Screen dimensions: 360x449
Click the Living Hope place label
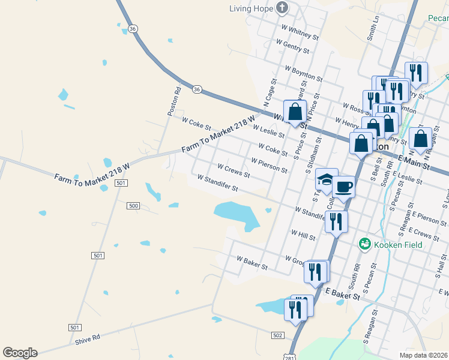(x=252, y=8)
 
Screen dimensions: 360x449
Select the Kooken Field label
(x=398, y=244)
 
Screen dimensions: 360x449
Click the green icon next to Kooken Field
(x=364, y=244)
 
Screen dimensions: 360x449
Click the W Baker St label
(x=252, y=262)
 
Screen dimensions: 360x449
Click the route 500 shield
(x=133, y=205)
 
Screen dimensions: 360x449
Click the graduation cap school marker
(x=326, y=180)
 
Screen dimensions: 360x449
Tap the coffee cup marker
(x=344, y=187)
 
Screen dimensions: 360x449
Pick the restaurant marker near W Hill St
(x=336, y=221)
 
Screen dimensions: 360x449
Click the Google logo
(x=20, y=353)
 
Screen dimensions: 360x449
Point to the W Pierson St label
(x=270, y=166)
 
